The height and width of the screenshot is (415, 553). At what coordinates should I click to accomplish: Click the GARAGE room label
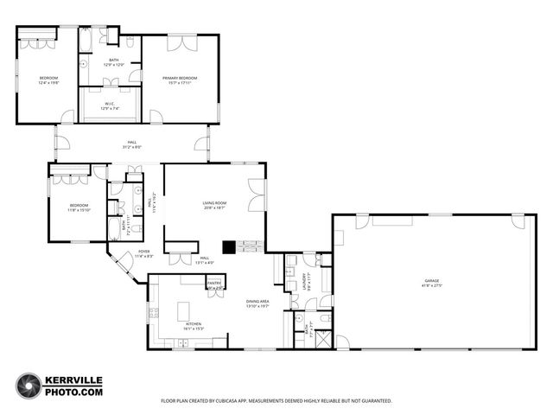430,284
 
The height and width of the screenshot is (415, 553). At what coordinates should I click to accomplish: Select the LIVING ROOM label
213,206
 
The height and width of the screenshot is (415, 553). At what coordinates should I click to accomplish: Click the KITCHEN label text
193,326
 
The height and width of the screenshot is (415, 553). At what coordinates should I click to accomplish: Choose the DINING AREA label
258,303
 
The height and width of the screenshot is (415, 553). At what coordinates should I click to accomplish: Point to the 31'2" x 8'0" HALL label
132,145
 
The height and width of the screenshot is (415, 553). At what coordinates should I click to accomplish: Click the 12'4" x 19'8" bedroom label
48,80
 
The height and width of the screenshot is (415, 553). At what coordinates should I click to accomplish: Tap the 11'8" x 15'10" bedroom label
79,207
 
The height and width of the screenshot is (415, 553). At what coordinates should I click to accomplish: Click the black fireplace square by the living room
228,247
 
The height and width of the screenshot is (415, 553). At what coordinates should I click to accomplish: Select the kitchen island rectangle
185,310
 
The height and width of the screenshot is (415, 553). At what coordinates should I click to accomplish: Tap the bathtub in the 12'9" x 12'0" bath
89,40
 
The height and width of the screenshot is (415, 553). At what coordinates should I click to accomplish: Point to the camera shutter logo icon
28,386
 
